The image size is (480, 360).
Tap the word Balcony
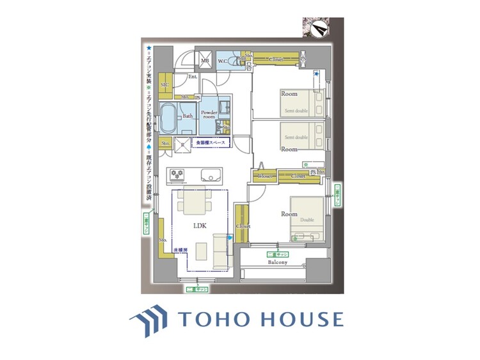277,263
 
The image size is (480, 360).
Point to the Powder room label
209,114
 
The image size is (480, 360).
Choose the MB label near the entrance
205,61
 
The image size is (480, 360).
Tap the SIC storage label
164,84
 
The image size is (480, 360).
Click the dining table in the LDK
191,204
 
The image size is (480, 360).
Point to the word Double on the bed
307,220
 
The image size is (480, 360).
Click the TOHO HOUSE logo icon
148,318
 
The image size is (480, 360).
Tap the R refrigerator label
183,145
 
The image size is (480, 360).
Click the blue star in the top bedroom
316,74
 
